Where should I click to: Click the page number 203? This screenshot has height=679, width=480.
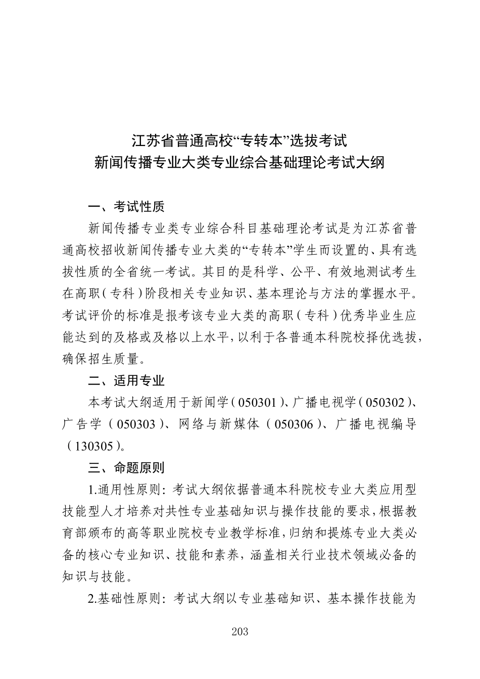[240, 632]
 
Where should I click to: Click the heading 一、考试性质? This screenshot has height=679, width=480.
[126, 207]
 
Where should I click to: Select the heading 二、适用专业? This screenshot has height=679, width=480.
[126, 380]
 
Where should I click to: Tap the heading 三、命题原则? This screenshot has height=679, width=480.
[126, 467]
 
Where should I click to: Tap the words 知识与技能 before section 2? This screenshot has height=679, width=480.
[87, 576]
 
